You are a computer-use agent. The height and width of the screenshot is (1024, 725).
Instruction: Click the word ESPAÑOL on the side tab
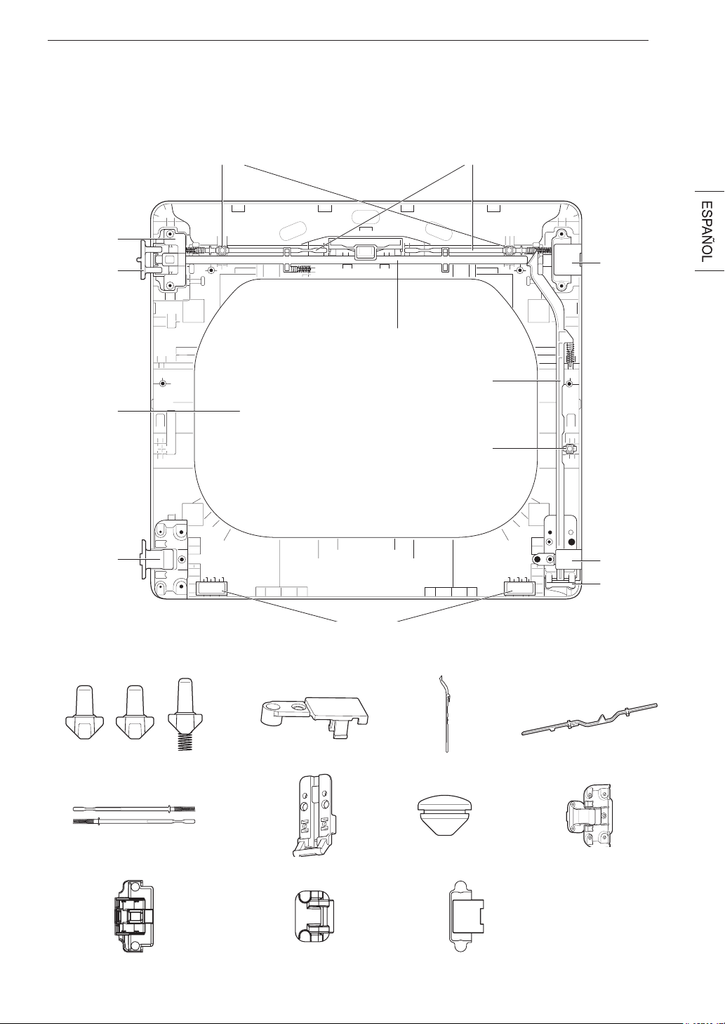coord(706,231)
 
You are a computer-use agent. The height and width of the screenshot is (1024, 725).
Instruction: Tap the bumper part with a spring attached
coord(184,715)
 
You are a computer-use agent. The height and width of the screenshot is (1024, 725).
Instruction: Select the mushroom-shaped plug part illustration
coord(445,816)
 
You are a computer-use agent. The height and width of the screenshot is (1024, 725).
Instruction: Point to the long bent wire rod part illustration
coord(590,719)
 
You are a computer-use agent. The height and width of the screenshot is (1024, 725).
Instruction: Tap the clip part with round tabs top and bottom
coord(466,917)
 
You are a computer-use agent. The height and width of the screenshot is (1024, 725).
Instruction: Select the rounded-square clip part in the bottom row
coord(314,917)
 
